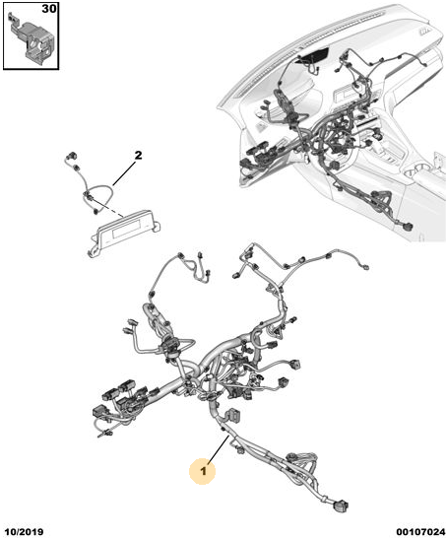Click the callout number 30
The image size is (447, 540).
point(49,9)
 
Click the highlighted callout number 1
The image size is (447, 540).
point(203,470)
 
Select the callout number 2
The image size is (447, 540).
point(138,156)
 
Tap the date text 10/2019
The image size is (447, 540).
point(24,532)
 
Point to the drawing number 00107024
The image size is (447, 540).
point(420,532)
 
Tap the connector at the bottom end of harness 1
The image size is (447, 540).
point(340,506)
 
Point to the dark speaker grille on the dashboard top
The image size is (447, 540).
point(314,56)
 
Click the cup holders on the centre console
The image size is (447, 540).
point(415,169)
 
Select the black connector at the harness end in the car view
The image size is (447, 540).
point(409,227)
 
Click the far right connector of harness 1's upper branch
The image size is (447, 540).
point(364,266)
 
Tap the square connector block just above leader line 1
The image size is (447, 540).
point(232,414)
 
